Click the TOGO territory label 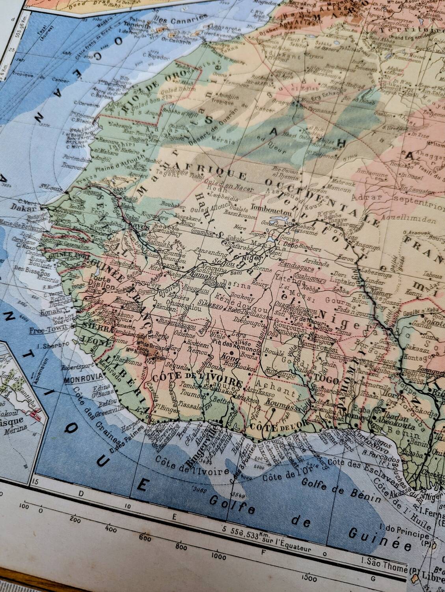click(x=327, y=380)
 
